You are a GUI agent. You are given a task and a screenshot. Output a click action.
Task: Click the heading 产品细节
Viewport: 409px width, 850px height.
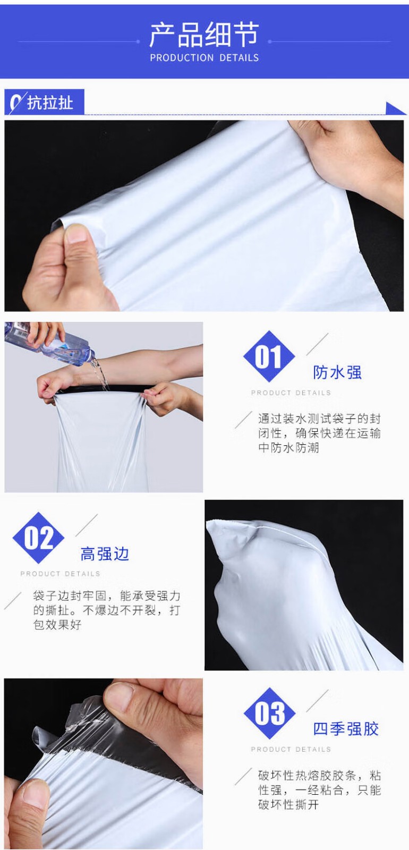[204, 35]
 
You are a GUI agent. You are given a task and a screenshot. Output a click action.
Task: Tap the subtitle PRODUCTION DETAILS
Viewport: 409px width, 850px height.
[204, 58]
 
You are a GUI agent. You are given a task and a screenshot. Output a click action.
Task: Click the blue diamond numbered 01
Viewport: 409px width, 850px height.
[269, 356]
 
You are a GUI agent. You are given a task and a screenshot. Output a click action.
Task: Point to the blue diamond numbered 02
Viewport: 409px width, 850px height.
[38, 538]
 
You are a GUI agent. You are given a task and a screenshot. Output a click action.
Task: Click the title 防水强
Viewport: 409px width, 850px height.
[337, 372]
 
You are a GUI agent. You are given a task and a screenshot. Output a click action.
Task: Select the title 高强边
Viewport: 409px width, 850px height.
[105, 554]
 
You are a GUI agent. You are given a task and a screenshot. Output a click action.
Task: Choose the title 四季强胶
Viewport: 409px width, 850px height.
[346, 729]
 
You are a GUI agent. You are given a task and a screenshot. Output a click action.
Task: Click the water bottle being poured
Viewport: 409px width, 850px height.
[49, 344]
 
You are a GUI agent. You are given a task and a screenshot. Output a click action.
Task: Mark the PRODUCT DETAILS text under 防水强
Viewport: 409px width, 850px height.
[291, 393]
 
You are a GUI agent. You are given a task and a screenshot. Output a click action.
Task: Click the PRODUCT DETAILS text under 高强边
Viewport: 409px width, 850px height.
[61, 574]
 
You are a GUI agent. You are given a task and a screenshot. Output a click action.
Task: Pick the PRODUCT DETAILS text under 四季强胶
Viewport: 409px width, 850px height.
[291, 750]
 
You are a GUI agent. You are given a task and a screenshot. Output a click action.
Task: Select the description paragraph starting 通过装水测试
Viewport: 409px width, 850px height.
[319, 433]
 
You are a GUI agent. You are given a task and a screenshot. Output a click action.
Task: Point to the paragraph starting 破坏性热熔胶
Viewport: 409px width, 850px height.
[319, 790]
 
